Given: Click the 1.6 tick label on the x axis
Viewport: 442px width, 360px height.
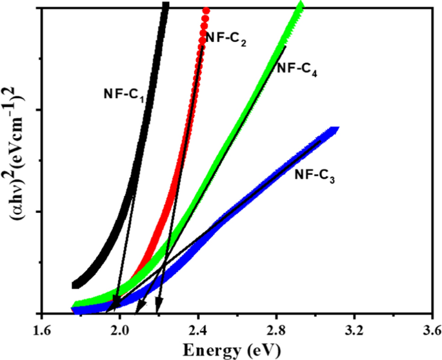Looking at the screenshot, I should pyautogui.click(x=41, y=332).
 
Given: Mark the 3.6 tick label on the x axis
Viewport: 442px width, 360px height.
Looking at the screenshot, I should pyautogui.click(x=431, y=332).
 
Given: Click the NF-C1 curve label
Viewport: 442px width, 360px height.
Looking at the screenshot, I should pyautogui.click(x=123, y=94).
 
